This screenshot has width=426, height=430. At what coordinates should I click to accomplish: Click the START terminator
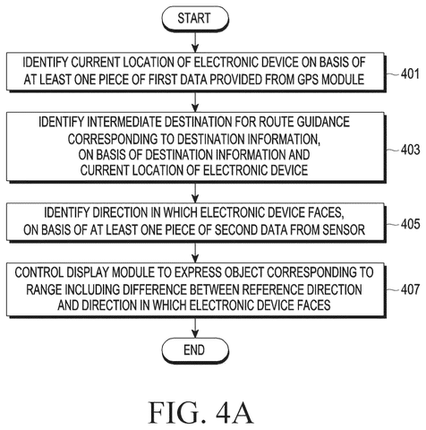[195, 19]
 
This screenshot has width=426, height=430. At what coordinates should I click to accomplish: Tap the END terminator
[195, 350]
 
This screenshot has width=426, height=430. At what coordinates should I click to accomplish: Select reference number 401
[411, 73]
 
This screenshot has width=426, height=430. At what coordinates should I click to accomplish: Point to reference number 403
[411, 150]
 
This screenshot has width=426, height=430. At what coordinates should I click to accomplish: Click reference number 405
[411, 224]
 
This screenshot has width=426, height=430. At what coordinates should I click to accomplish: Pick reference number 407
[411, 289]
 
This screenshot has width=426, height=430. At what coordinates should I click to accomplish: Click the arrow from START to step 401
[195, 42]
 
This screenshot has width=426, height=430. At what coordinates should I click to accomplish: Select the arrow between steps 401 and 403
[195, 101]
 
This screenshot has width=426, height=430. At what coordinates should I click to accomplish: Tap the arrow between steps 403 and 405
[195, 193]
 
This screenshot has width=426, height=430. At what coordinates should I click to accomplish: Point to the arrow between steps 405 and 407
[195, 253]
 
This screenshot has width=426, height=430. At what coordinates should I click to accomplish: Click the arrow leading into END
[195, 328]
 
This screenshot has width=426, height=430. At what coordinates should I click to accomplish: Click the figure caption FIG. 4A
[201, 413]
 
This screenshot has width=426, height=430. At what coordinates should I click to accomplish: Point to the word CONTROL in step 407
[39, 272]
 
